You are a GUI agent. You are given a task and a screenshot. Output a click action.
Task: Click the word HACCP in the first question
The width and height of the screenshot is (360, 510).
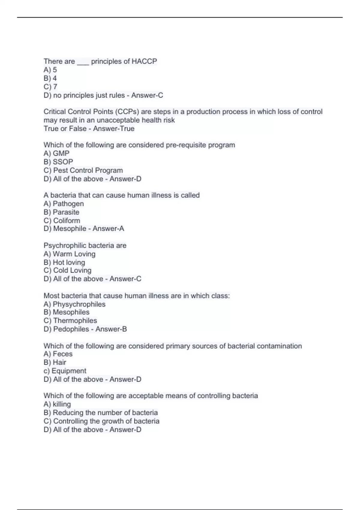click(144, 61)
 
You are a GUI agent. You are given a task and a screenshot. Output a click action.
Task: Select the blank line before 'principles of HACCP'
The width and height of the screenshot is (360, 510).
click(83, 62)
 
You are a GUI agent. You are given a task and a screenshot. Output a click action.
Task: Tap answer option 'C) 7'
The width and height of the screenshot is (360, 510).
click(50, 87)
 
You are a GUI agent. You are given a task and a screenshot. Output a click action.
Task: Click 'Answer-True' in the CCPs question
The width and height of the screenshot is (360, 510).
click(114, 129)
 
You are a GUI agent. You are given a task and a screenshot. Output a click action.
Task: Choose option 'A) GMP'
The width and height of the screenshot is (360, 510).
click(56, 153)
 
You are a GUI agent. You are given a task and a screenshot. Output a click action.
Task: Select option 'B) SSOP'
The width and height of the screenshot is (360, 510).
click(58, 162)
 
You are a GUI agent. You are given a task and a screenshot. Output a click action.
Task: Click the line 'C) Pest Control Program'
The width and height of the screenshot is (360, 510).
click(83, 170)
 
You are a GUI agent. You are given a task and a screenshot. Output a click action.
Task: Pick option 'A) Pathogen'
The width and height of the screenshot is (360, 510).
click(64, 204)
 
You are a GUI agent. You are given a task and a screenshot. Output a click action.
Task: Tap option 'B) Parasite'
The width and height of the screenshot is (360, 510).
click(61, 212)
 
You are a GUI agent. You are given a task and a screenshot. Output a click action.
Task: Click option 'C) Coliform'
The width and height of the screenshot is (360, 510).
click(62, 220)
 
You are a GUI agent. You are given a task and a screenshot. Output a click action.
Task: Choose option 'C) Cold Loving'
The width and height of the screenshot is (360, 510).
click(67, 270)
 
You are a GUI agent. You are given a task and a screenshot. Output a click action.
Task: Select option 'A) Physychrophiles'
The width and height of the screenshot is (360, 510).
click(74, 304)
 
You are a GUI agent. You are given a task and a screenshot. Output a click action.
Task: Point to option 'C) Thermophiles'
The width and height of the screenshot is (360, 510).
click(70, 321)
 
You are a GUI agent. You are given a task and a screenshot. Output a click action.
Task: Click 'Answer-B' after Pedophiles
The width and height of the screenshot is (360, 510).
click(111, 329)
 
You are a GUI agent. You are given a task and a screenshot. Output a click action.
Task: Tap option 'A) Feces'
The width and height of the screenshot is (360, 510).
click(58, 354)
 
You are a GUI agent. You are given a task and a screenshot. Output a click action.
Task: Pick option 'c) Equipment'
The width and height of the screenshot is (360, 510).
click(65, 371)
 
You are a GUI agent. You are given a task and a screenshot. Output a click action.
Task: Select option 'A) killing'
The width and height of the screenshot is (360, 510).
click(57, 404)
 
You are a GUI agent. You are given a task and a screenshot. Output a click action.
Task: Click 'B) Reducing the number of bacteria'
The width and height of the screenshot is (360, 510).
click(100, 412)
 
